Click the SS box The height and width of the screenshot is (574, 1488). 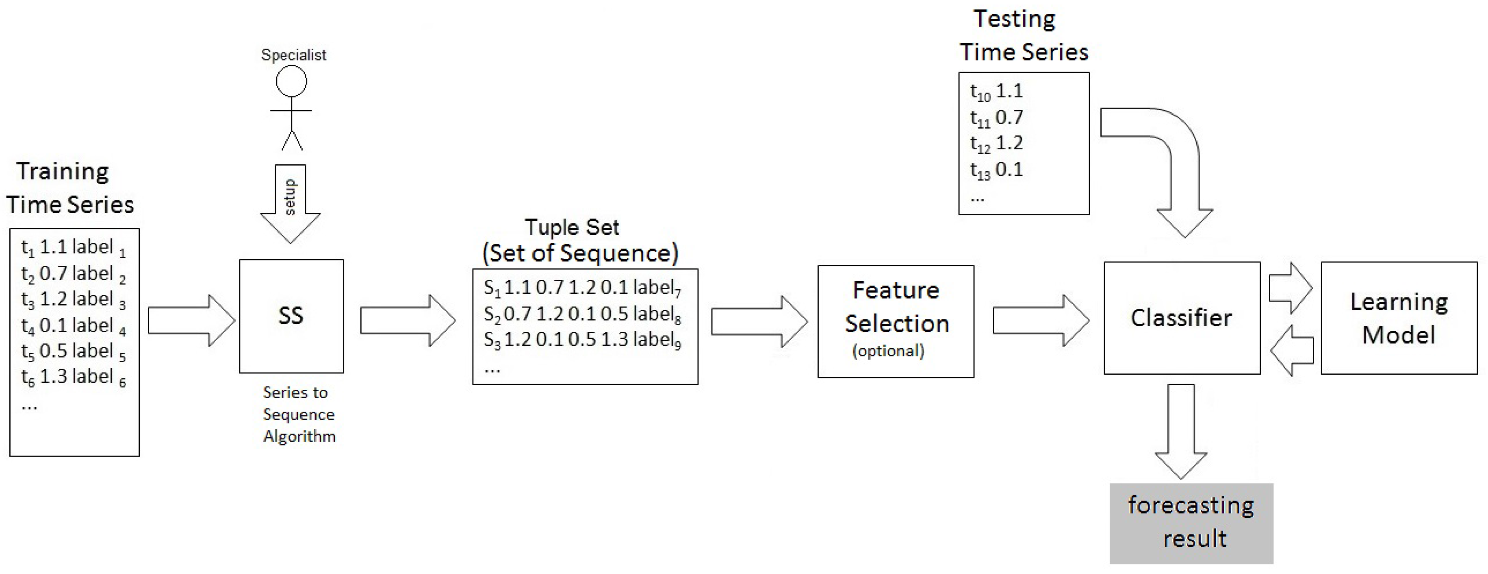coord(291,316)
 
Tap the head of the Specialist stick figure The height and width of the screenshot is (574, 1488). coord(291,81)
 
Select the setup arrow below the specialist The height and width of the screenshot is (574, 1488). coord(290,202)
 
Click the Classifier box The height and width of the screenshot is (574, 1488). coord(1181,318)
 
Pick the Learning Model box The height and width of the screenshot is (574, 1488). coord(1399,318)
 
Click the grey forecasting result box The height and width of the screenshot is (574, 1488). coord(1191,523)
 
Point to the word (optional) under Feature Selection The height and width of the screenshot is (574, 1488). coord(888,351)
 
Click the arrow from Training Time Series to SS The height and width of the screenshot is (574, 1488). coord(191,321)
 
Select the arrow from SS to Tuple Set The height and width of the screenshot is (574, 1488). coord(407,321)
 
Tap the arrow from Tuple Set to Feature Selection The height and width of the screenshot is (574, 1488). coord(759,321)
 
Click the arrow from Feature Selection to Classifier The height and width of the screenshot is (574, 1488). coord(1040,321)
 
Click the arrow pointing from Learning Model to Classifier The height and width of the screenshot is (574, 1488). coord(1293,350)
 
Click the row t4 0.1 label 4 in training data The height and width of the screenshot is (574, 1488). coord(74,325)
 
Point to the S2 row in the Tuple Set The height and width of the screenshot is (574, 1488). coord(582,314)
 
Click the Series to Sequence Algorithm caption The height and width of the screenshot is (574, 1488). coord(299,414)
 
